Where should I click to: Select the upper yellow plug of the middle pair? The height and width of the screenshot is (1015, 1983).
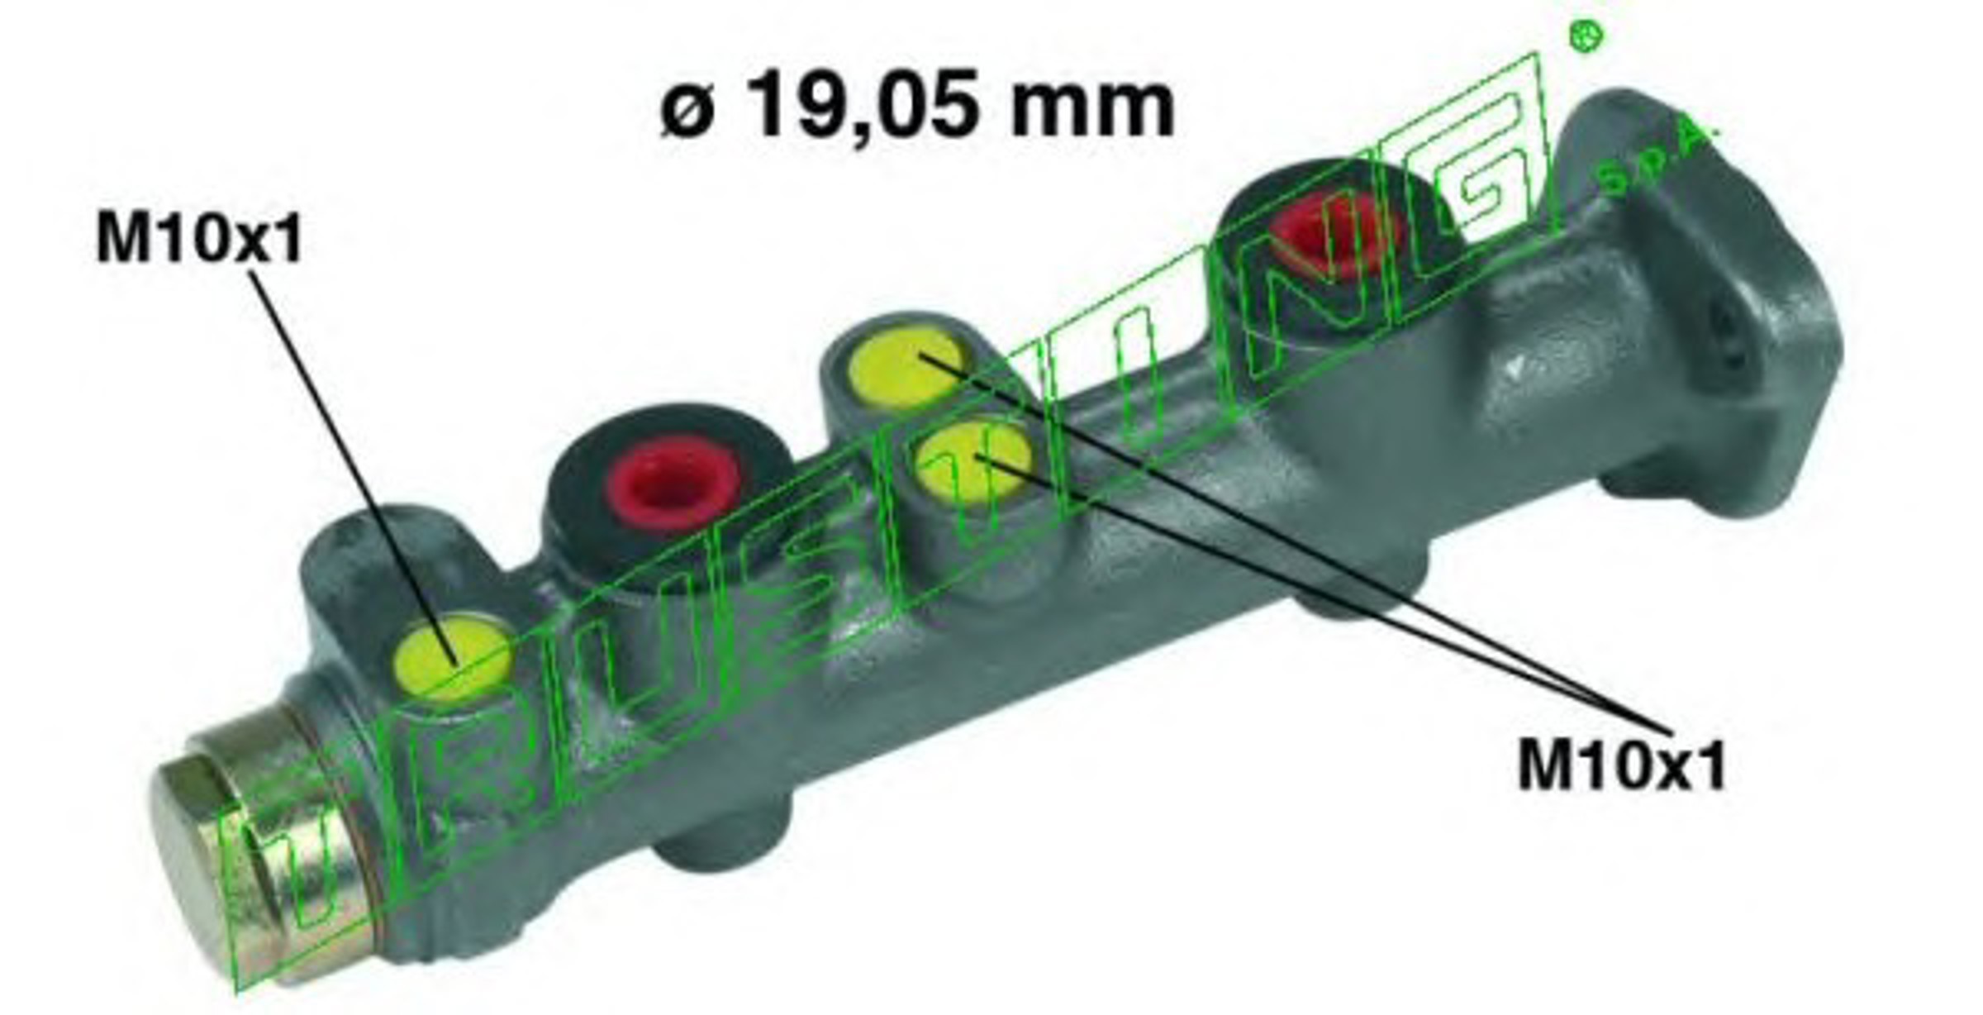(x=906, y=369)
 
